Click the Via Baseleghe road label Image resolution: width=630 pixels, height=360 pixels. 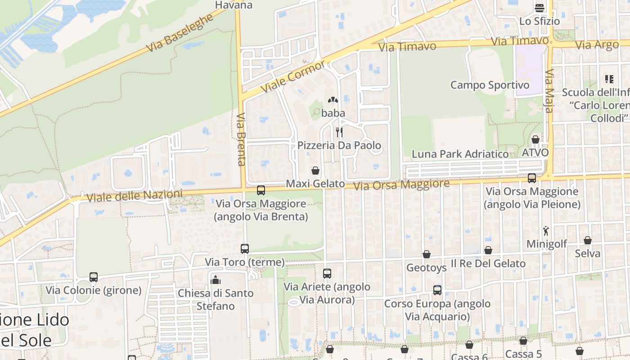pyautogui.click(x=180, y=32)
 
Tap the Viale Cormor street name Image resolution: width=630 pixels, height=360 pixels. pyautogui.click(x=293, y=76)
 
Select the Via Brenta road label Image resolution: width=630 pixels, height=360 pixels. pyautogui.click(x=241, y=139)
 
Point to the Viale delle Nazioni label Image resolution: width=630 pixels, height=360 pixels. pyautogui.click(x=135, y=196)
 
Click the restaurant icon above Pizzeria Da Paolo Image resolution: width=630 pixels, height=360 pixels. pyautogui.click(x=339, y=132)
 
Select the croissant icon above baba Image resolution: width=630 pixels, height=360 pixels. pyautogui.click(x=333, y=100)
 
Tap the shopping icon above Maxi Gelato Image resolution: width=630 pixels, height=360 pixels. pyautogui.click(x=315, y=171)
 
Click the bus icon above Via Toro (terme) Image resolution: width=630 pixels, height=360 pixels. pyautogui.click(x=245, y=248)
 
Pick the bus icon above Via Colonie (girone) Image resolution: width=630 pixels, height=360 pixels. pyautogui.click(x=94, y=277)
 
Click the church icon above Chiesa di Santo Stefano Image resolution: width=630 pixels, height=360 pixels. pyautogui.click(x=216, y=280)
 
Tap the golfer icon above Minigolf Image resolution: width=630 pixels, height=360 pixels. pyautogui.click(x=546, y=231)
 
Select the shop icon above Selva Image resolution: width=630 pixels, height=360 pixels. pyautogui.click(x=588, y=240)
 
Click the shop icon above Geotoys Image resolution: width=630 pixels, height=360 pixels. pyautogui.click(x=427, y=255)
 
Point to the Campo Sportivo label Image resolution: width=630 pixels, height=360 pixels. pyautogui.click(x=490, y=85)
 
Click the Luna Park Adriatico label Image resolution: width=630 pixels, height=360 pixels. pyautogui.click(x=460, y=154)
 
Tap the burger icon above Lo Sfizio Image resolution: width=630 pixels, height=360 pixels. pyautogui.click(x=540, y=8)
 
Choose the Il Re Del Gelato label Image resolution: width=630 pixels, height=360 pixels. pyautogui.click(x=488, y=264)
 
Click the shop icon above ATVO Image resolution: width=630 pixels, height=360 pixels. pyautogui.click(x=535, y=139)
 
